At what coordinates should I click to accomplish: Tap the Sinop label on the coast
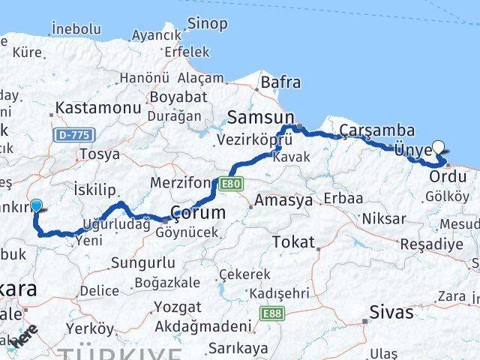click(207, 23)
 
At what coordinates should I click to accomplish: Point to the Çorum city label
click(198, 212)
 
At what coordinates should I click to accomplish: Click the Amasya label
click(283, 201)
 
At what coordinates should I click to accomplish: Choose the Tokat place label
click(293, 241)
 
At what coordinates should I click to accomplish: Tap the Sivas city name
click(391, 311)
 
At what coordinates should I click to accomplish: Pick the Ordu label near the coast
click(448, 177)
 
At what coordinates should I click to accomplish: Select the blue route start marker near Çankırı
click(35, 203)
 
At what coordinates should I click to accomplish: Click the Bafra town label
click(280, 82)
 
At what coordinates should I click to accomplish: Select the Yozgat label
click(178, 306)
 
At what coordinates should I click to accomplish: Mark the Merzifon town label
click(182, 184)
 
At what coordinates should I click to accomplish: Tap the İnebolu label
click(76, 28)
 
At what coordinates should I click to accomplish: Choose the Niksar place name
click(383, 219)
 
